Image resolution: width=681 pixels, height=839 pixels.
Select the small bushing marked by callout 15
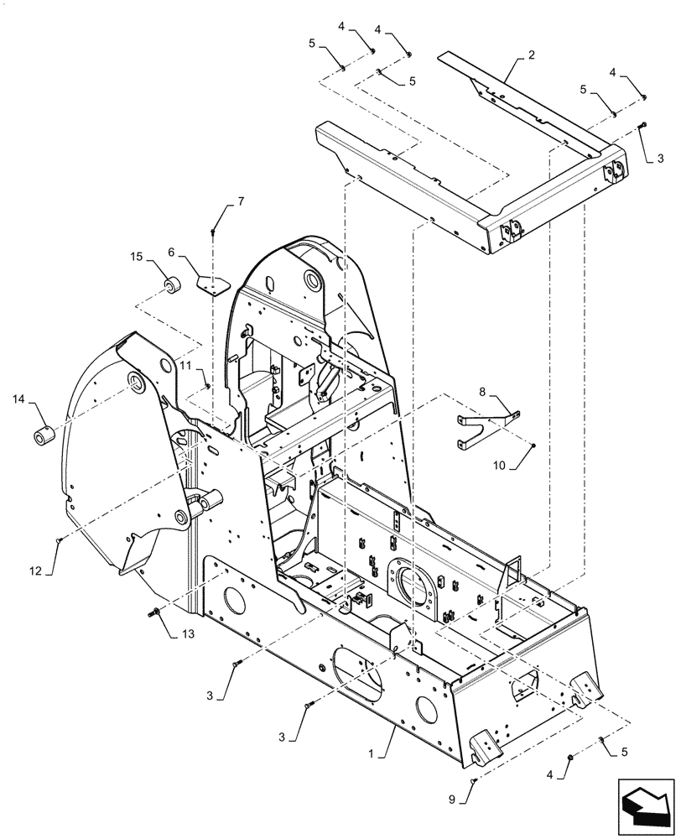(172, 287)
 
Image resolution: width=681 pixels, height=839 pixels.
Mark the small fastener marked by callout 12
(58, 541)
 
